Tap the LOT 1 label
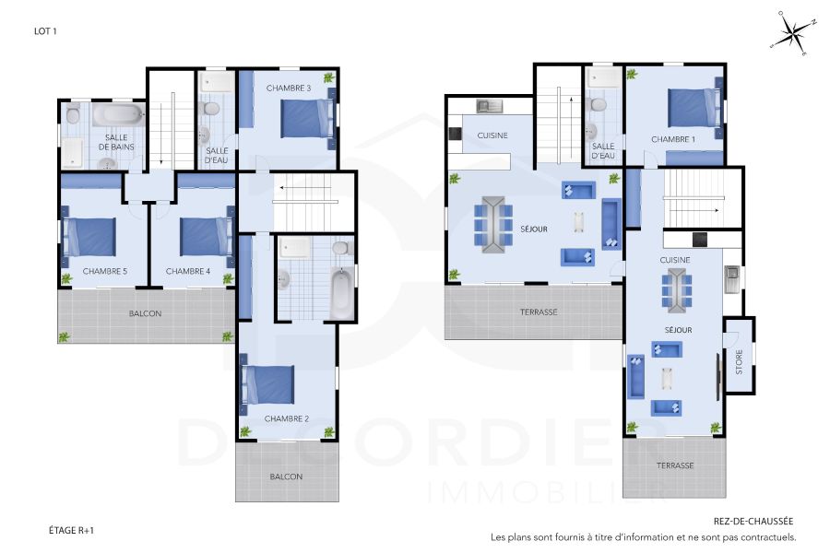[46, 30]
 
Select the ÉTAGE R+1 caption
[72, 530]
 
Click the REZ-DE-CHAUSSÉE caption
[753, 521]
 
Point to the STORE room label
[739, 364]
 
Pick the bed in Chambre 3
[306, 118]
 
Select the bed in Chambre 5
[89, 236]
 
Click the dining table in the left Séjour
[492, 223]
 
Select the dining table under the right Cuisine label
[675, 292]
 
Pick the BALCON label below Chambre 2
[286, 477]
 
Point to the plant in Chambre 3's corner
[329, 77]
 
